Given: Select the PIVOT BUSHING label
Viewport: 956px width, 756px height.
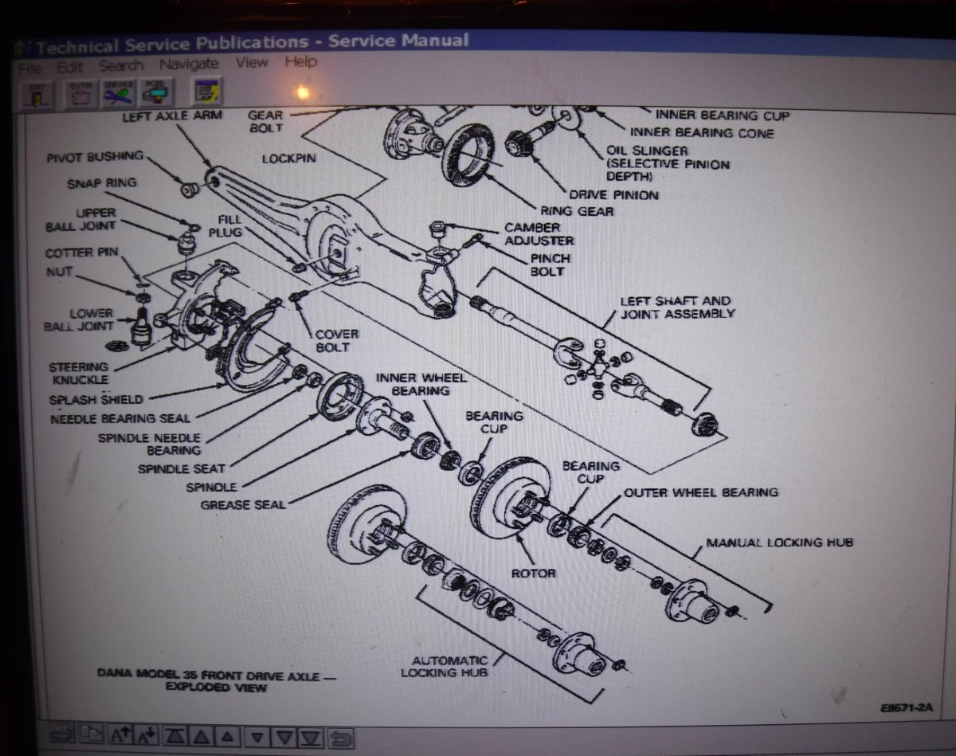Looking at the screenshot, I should point(95,156).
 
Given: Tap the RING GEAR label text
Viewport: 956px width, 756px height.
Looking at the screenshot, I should point(577,211).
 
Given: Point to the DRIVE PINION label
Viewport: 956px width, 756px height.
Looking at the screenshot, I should point(613,194).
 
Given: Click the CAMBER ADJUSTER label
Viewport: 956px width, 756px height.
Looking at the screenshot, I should point(539,234).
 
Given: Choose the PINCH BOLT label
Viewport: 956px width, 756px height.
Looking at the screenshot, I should point(550,265).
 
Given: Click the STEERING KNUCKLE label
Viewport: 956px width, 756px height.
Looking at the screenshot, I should point(79,373).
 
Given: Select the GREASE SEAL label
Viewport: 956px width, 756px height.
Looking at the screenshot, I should point(243,504).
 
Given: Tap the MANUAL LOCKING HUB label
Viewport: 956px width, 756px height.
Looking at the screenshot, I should point(779,543).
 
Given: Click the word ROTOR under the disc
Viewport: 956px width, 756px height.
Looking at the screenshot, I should point(534,573).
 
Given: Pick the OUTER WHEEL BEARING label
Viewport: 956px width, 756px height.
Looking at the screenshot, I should point(700,493).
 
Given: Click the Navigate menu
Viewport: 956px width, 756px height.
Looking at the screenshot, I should point(189,65).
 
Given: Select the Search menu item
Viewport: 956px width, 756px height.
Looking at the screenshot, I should point(121,66).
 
